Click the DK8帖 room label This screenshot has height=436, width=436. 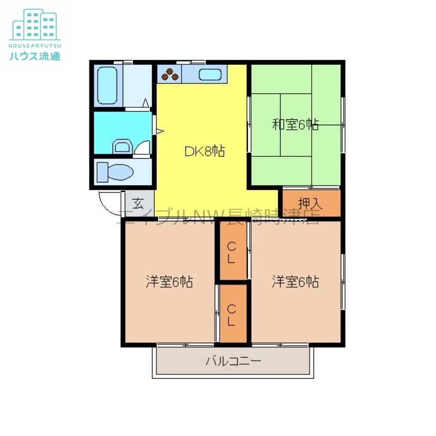click(x=205, y=152)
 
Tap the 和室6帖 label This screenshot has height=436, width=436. click(x=295, y=124)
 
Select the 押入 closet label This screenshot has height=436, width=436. click(x=310, y=204)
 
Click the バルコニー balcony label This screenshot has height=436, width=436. click(x=233, y=361)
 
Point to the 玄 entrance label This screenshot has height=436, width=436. click(x=138, y=203)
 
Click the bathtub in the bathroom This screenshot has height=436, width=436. click(x=107, y=86)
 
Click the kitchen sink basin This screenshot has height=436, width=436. click(x=210, y=74)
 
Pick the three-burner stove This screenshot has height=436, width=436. click(x=169, y=74)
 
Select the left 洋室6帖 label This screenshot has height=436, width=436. click(x=169, y=282)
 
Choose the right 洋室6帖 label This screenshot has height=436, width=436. click(x=295, y=282)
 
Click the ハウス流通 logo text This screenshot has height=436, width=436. click(x=35, y=56)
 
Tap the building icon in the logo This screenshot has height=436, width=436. click(x=35, y=25)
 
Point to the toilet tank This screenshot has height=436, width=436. click(x=102, y=172)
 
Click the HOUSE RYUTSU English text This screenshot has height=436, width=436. click(x=35, y=46)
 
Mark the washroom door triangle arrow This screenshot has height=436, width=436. click(x=160, y=131)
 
